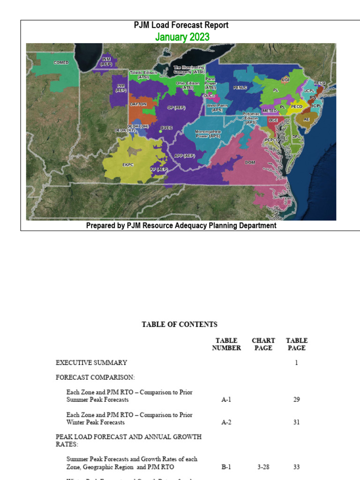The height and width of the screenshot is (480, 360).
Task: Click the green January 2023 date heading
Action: [182, 37]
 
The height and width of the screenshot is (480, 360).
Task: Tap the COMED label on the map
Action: [61, 62]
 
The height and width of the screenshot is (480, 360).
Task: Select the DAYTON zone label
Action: [138, 104]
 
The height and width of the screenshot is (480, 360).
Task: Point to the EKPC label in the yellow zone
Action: [128, 165]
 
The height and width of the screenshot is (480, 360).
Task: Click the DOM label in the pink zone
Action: [249, 162]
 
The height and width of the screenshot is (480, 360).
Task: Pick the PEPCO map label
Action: [272, 140]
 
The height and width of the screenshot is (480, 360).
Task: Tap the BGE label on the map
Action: [273, 120]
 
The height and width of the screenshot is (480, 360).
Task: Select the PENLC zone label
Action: [240, 88]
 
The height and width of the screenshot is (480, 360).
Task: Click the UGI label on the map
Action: [285, 80]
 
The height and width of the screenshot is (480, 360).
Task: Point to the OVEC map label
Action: [166, 127]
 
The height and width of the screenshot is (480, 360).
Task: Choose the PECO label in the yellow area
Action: [297, 106]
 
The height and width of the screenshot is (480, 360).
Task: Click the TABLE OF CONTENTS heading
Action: [180, 324]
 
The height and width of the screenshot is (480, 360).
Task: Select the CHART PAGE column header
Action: [263, 344]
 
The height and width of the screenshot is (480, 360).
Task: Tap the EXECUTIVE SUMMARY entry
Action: [91, 362]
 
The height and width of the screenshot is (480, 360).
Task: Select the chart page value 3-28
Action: [263, 467]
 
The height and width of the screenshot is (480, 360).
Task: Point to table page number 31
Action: [296, 422]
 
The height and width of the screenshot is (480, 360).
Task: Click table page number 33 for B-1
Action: [296, 467]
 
